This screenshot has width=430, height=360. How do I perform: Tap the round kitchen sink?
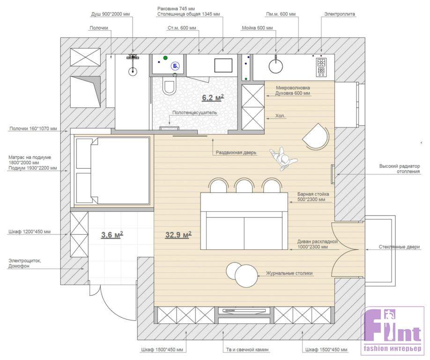pyautogui.click(x=275, y=66)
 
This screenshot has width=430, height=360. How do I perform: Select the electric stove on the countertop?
pyautogui.click(x=321, y=67)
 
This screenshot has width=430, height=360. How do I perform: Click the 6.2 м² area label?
pyautogui.click(x=213, y=97)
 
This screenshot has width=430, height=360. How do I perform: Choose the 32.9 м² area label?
pyautogui.click(x=178, y=234)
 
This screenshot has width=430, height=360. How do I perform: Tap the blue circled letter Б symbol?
pyautogui.click(x=175, y=66)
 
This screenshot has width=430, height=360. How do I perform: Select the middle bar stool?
pyautogui.click(x=245, y=186)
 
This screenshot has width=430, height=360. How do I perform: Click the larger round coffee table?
pyautogui.click(x=246, y=276)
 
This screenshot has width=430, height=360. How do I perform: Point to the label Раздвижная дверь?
pyautogui.click(x=236, y=152)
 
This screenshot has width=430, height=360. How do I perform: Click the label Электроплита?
pyautogui.click(x=340, y=14)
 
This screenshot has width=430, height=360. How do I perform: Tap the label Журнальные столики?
pyautogui.click(x=289, y=273)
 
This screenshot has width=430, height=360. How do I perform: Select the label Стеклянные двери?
pyautogui.click(x=399, y=247)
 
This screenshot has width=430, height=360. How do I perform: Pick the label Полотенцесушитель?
pyautogui.click(x=194, y=112)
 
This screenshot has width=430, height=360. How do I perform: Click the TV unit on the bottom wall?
pyautogui.click(x=245, y=312)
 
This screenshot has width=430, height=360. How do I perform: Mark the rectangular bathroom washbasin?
pyautogui.click(x=223, y=66)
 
